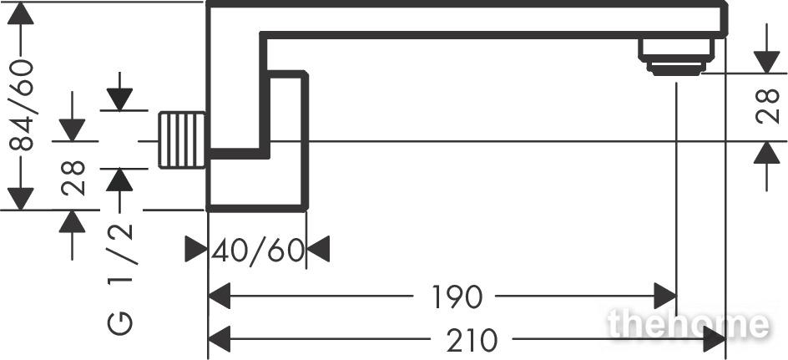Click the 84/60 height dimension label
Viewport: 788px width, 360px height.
point(21,105)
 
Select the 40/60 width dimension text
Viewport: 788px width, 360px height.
point(258,251)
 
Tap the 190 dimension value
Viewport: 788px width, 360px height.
point(457,297)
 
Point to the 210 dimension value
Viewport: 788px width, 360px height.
point(472,341)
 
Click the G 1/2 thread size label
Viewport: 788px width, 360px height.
point(120,278)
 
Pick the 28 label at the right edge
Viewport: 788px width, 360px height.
point(767,106)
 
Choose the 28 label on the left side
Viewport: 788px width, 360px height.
point(73,178)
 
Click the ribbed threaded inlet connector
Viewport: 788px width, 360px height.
point(182,139)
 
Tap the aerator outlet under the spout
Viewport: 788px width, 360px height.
point(676,58)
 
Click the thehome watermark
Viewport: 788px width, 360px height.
point(688,324)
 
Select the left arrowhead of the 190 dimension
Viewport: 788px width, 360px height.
point(219,297)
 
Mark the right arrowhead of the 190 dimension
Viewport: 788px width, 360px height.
point(664,297)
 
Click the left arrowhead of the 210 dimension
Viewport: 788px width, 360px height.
point(219,339)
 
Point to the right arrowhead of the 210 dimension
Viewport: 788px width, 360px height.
point(715,339)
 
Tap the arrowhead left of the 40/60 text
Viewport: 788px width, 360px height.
point(196,249)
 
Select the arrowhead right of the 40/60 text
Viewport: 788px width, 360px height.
point(318,249)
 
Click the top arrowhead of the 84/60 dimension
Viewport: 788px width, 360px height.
point(21,13)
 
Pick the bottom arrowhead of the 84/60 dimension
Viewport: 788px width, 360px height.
point(21,199)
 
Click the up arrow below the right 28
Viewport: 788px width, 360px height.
point(767,153)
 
